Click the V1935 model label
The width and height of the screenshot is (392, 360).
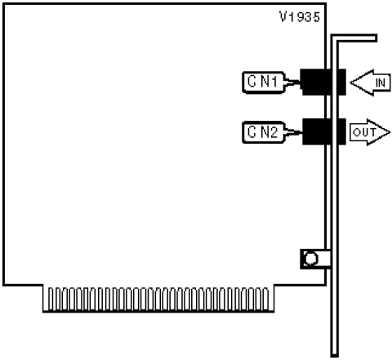click(x=300, y=17)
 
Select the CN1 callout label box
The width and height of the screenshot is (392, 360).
click(x=264, y=82)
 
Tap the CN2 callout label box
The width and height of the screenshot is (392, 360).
click(x=264, y=132)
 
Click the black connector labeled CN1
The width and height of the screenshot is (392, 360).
click(x=323, y=82)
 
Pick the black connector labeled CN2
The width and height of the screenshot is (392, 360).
click(x=324, y=131)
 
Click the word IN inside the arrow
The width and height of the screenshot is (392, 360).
click(x=381, y=82)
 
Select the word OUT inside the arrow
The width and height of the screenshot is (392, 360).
click(x=364, y=132)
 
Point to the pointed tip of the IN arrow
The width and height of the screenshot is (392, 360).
click(x=350, y=82)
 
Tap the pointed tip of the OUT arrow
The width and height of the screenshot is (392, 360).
click(x=390, y=132)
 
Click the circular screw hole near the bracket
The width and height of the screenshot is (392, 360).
click(x=310, y=259)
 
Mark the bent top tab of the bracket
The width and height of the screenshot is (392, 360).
click(x=354, y=38)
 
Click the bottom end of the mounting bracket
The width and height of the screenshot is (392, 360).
click(x=335, y=356)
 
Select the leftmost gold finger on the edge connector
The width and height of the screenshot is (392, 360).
click(x=51, y=299)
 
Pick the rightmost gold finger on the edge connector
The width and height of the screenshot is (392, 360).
click(x=266, y=299)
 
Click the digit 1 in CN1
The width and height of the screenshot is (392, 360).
click(x=274, y=82)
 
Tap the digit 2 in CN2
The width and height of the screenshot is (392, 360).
click(x=274, y=132)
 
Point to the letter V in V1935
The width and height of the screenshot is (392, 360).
click(x=283, y=17)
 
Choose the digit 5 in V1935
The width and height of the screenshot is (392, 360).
click(x=316, y=17)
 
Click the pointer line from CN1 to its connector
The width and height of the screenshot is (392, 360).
click(x=292, y=82)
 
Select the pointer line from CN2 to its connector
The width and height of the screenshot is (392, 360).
click(x=293, y=132)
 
